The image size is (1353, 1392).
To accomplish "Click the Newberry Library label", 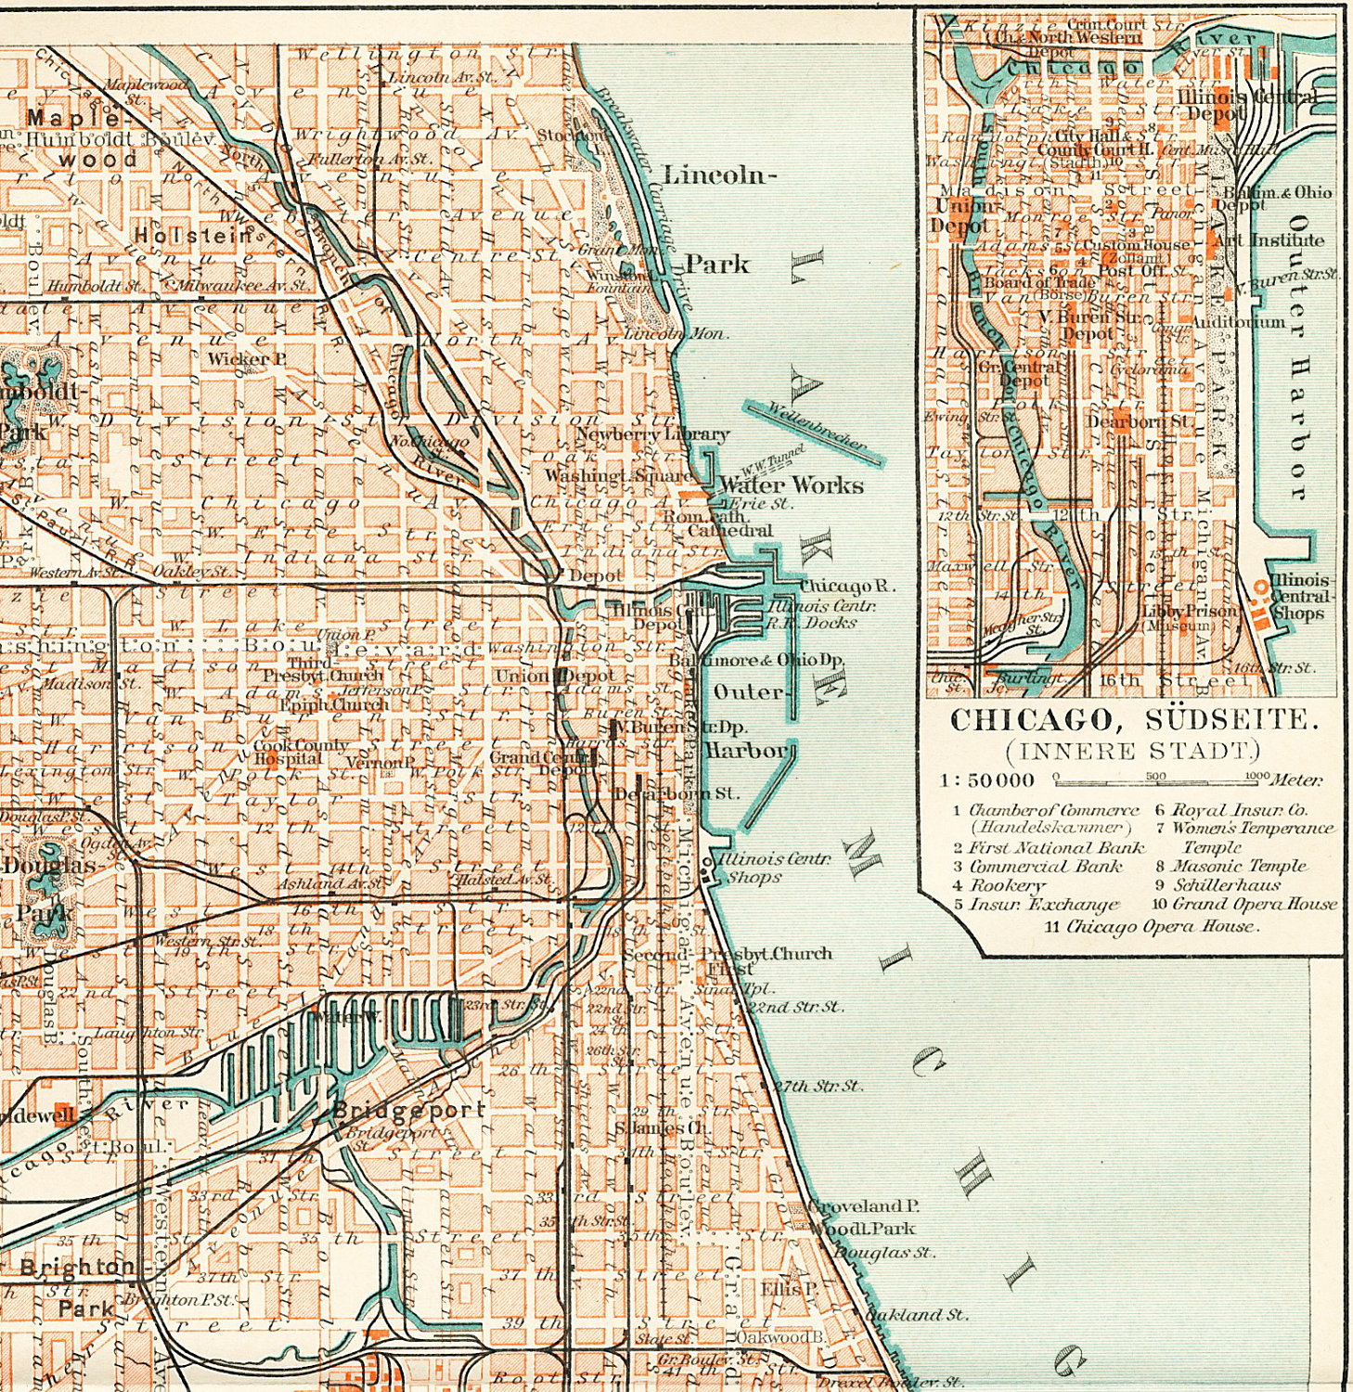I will (652, 433).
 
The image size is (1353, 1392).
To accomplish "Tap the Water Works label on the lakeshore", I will (792, 485).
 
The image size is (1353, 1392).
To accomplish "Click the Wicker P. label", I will (240, 358).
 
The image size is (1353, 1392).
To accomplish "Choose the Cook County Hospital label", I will (301, 752).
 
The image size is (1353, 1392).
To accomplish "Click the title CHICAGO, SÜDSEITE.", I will (1133, 719).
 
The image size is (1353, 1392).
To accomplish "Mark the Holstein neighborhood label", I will (193, 236).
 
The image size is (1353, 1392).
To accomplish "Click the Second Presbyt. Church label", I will (727, 954).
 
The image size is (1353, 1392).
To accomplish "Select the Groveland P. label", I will (863, 1205).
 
